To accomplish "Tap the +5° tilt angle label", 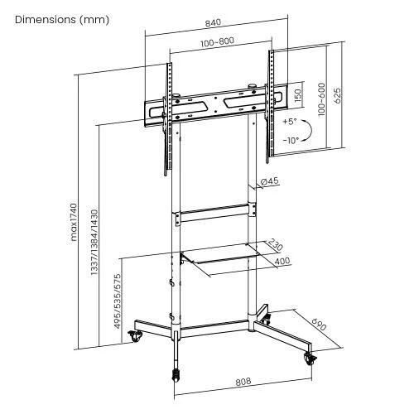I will (289, 121).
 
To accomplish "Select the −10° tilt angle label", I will (289, 140).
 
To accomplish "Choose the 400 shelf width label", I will (282, 261).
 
